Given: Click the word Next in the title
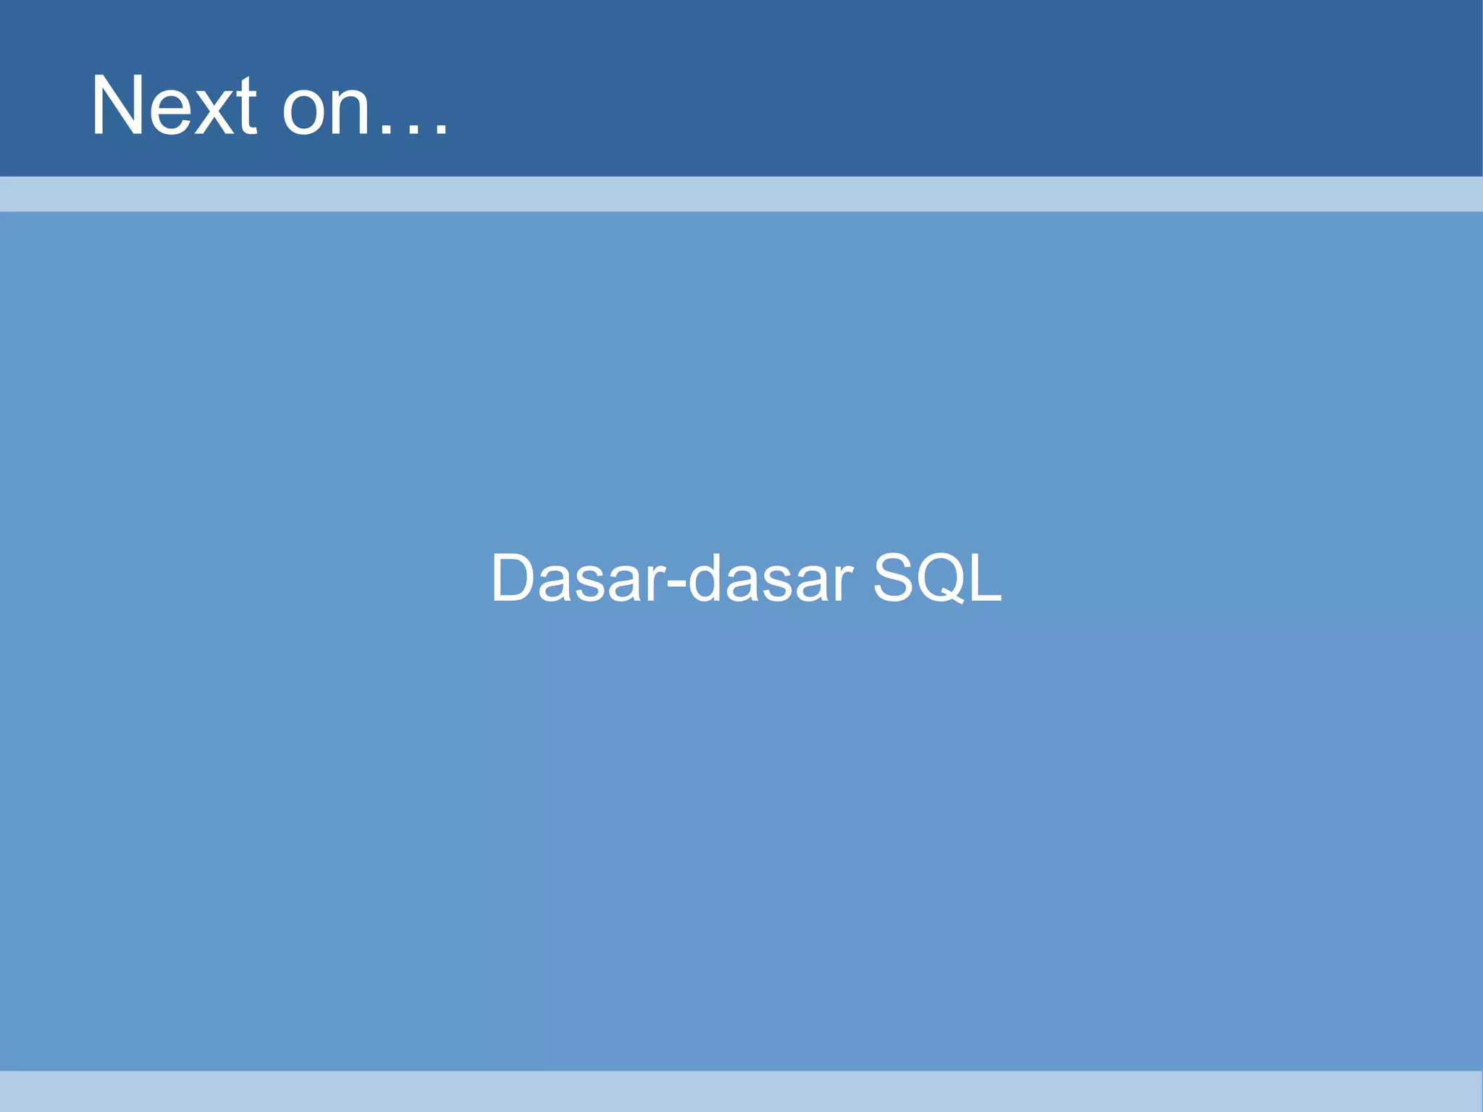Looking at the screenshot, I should [174, 106].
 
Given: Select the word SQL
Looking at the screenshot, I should [937, 578].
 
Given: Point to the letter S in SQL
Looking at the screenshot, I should [896, 578].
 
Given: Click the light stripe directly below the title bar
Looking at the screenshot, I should [741, 194].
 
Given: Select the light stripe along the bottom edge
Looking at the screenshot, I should [741, 1091].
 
